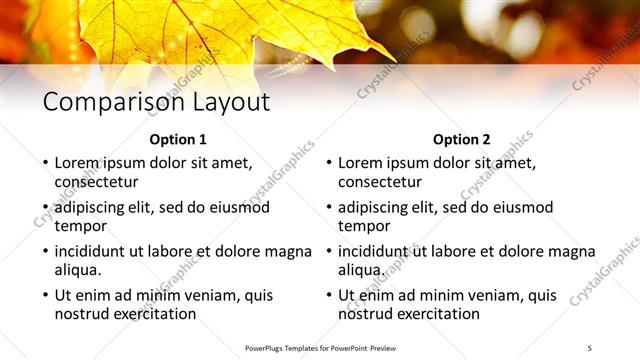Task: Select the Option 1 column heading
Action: [x=178, y=139]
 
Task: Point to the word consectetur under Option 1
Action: [x=96, y=182]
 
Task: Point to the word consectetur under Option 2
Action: [x=380, y=182]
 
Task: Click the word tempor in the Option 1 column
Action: [x=80, y=226]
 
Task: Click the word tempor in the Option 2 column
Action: [x=364, y=226]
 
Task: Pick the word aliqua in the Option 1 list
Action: [x=77, y=270]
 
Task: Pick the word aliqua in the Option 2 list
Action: [x=361, y=270]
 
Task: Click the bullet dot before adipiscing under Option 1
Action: [x=44, y=208]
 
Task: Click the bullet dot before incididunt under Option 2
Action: [x=328, y=252]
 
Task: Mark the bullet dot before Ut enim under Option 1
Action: [x=44, y=296]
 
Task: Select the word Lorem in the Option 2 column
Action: [x=359, y=163]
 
